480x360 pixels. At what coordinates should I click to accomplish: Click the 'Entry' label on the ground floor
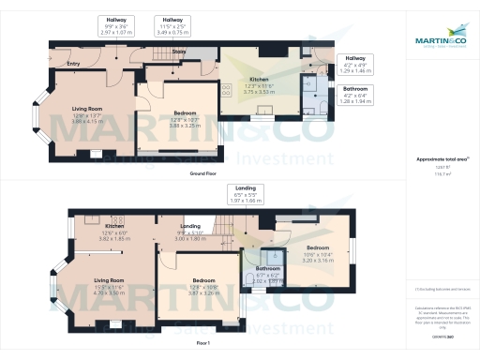click(x=73, y=64)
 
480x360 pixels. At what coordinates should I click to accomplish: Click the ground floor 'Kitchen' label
click(x=259, y=81)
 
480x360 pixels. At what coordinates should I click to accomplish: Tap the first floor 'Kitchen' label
click(x=115, y=226)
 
